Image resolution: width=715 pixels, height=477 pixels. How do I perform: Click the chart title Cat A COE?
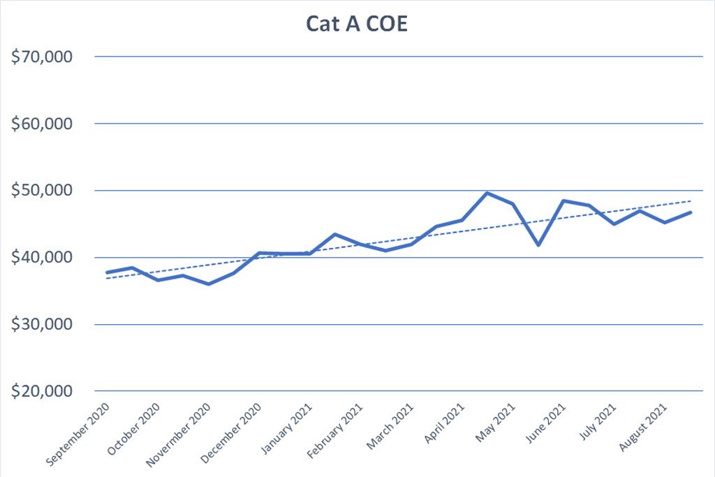(357, 24)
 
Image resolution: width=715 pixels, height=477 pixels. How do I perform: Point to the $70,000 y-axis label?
(42, 57)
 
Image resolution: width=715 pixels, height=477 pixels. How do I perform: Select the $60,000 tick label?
(42, 124)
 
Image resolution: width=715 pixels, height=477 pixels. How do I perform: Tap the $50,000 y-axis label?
(42, 191)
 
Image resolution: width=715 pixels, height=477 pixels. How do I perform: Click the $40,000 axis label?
(42, 258)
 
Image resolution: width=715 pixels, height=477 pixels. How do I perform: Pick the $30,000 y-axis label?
(42, 324)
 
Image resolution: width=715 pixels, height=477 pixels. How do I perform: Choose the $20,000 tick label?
(42, 391)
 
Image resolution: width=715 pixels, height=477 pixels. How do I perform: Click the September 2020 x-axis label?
(78, 434)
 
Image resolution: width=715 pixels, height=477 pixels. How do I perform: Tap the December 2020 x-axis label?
(230, 434)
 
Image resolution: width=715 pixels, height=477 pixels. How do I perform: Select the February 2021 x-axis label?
(334, 431)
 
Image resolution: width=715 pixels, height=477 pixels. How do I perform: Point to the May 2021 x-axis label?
(495, 423)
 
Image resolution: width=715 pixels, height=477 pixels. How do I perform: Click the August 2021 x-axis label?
(643, 427)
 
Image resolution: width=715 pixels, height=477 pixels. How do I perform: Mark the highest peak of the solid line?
(487, 193)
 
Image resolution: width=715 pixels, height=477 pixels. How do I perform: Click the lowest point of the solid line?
(209, 284)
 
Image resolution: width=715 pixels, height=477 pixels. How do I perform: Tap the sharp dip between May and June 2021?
(539, 245)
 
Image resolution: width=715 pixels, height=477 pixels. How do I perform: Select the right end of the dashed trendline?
(691, 200)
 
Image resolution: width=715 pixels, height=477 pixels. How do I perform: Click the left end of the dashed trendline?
(107, 278)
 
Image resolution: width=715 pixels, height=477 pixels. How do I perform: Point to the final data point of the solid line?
(691, 212)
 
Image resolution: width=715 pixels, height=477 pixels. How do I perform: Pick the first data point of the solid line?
(107, 272)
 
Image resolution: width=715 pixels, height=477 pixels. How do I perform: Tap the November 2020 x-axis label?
(178, 436)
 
